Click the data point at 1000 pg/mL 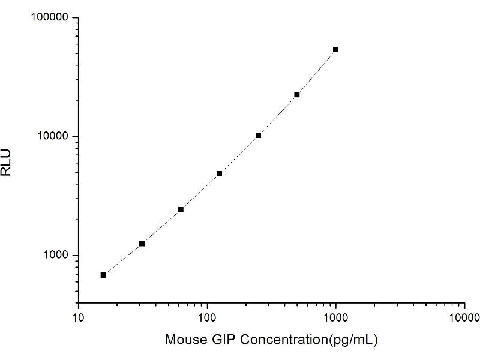335,49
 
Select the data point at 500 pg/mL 296,95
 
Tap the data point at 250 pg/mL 258,136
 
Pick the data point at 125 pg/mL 219,173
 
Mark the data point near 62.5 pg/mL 181,209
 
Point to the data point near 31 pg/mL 142,244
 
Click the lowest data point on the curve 103,275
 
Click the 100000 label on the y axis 49,18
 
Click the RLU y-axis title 7,161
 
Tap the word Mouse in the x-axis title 184,340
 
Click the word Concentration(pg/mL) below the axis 309,340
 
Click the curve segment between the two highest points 316,72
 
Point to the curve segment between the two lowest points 122,259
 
